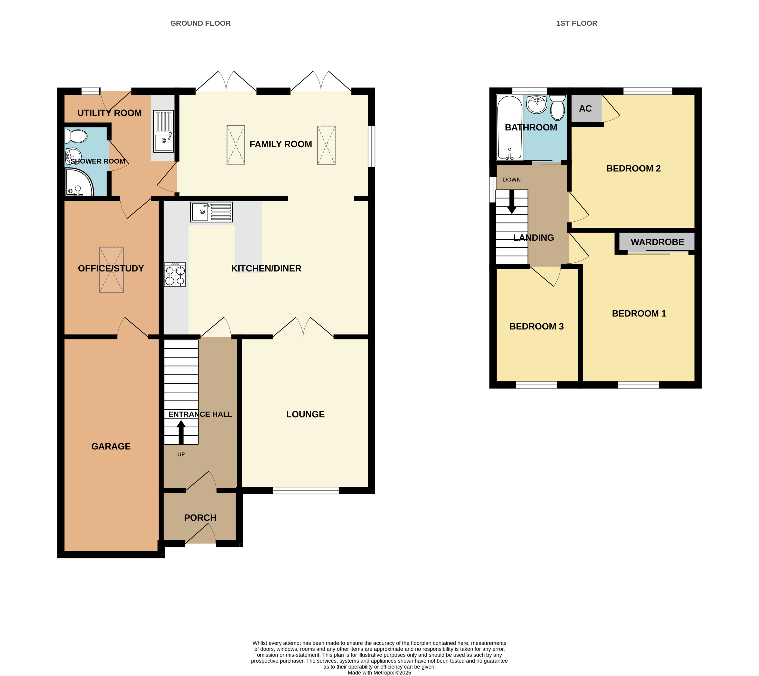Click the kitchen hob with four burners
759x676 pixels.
pos(175,274)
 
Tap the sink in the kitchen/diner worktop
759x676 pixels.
pos(211,212)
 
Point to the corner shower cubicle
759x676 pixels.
pos(78,183)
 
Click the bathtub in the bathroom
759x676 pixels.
pos(509,128)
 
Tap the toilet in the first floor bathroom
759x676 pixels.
pos(557,108)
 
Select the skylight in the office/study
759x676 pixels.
pos(111,270)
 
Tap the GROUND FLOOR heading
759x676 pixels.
pos(200,23)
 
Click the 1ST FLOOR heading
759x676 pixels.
pos(576,23)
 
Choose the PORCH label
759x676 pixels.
pos(200,518)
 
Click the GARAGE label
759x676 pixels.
pos(111,446)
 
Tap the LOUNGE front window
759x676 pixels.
pos(306,491)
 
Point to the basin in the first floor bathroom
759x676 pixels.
pos(537,104)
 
